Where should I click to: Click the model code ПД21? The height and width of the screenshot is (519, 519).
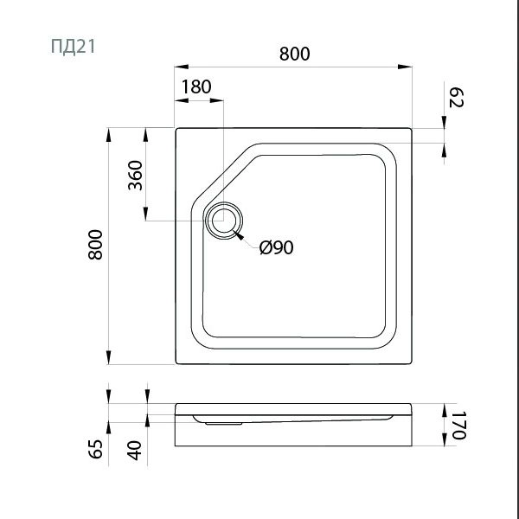74,47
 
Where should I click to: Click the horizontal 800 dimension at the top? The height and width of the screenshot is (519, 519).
295,54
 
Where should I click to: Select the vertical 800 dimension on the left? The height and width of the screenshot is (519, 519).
96,244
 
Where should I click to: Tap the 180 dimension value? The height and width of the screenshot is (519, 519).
196,86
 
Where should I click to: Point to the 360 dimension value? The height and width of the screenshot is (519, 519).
135,176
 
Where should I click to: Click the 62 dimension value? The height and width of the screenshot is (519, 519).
457,98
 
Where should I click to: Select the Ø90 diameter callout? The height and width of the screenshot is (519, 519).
277,247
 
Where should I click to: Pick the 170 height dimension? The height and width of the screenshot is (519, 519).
459,425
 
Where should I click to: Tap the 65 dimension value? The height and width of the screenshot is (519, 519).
96,449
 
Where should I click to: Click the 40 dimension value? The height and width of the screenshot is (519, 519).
135,451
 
